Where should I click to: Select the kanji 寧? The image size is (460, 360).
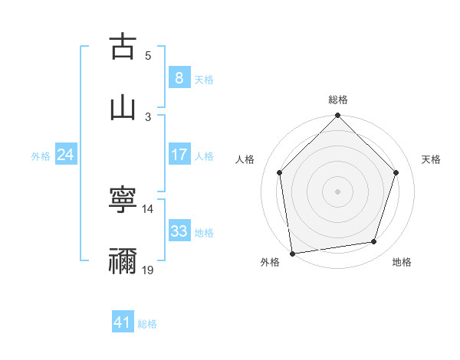pos(123,200)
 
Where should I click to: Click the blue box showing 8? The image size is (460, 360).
pos(179,77)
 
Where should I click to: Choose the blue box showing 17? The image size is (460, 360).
pos(179,155)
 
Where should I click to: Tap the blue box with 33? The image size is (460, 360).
pos(179,231)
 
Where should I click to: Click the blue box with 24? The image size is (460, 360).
pos(65,155)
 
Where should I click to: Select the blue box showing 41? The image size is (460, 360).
pos(123,322)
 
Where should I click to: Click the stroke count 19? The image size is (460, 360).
pos(148,270)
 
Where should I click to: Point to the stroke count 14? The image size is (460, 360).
pos(148,208)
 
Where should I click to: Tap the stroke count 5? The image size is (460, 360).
pos(148,55)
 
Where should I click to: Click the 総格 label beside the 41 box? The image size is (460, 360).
pos(147,324)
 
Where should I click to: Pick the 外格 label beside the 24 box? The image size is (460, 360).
pos(41,155)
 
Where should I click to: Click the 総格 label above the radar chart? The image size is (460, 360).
pos(337,100)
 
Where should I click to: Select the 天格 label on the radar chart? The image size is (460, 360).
pos(431,159)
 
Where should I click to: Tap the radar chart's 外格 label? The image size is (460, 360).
pos(270,262)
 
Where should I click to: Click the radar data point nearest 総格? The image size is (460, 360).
pos(337,116)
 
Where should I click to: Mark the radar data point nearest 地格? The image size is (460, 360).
pos(374,242)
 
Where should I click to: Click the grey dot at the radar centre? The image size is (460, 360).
pos(337,191)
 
